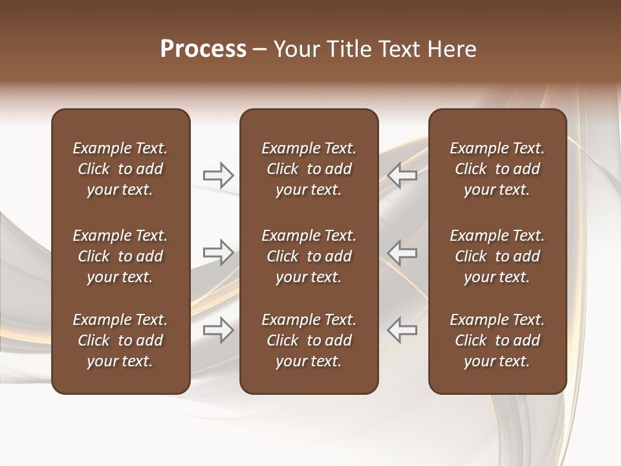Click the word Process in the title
tap(203, 49)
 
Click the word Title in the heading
tap(346, 49)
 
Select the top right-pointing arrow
tap(218, 175)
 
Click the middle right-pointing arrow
tap(218, 252)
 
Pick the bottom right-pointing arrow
tap(218, 329)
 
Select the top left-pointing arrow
tap(402, 175)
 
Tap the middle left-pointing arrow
tap(402, 252)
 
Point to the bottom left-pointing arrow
tap(402, 329)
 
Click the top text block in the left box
tap(120, 169)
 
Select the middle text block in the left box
tap(120, 256)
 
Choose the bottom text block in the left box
tap(120, 340)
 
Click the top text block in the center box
tap(309, 169)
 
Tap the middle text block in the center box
tap(309, 256)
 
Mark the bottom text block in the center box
tap(309, 340)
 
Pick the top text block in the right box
tap(497, 169)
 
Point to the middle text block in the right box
tap(497, 256)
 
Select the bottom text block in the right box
tap(497, 340)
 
